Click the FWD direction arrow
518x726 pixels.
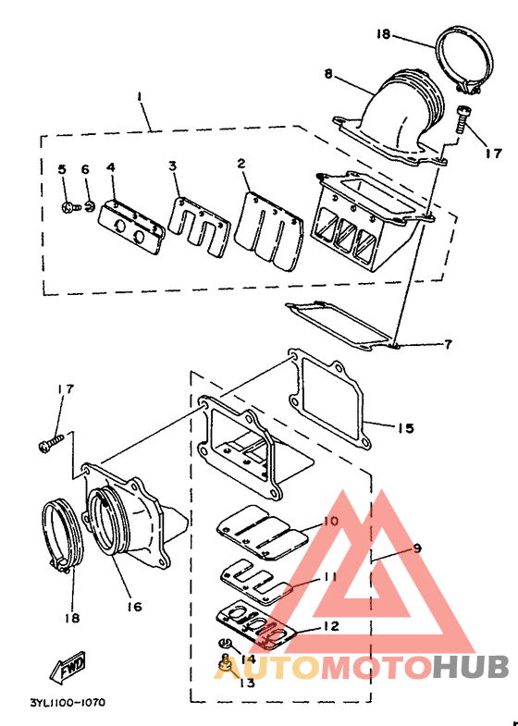[x=68, y=667]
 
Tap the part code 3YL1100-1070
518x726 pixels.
[x=68, y=702]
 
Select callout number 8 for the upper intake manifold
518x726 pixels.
[x=328, y=74]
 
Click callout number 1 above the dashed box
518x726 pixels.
[x=139, y=97]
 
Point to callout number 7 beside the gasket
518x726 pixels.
[x=448, y=344]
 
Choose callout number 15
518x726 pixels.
[x=405, y=428]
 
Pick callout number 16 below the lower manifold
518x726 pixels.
[x=134, y=606]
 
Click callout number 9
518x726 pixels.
[x=417, y=548]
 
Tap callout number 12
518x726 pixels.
[x=330, y=626]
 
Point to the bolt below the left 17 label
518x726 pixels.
[x=51, y=443]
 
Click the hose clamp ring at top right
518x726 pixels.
[x=464, y=60]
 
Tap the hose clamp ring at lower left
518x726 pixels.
[x=63, y=537]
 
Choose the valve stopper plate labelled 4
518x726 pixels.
[x=131, y=227]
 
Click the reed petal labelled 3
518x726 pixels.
[x=199, y=227]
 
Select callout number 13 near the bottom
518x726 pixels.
[x=247, y=683]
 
